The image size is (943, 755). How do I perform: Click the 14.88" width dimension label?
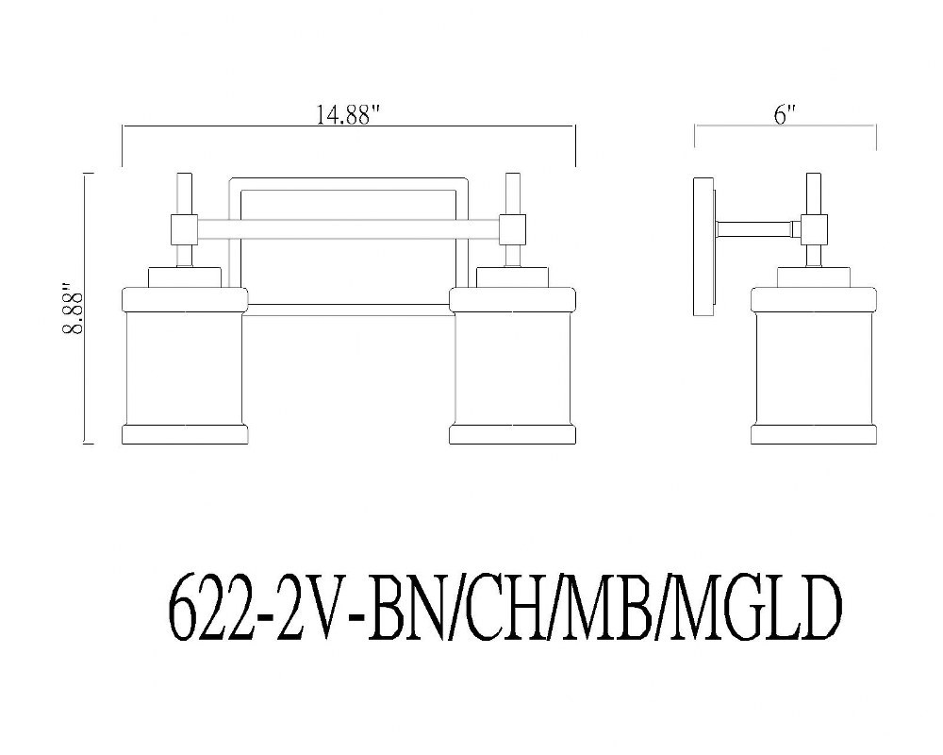point(350,114)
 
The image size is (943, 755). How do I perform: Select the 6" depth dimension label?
point(784,114)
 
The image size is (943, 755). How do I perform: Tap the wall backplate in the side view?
point(704,247)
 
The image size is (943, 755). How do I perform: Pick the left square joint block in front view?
point(185,229)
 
